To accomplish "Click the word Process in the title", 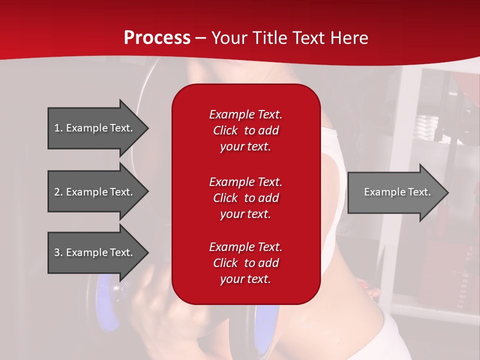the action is [x=157, y=37].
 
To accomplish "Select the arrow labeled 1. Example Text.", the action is [x=98, y=128].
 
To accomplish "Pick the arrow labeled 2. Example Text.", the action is [x=98, y=191].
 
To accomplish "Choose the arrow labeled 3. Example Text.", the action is [x=98, y=252].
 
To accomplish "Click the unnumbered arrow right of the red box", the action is [x=398, y=192].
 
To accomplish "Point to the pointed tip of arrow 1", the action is [x=149, y=128].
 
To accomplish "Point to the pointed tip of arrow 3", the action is [x=149, y=252].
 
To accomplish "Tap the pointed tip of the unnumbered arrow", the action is [x=449, y=192].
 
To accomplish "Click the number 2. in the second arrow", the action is [x=58, y=192].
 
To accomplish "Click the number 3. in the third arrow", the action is [x=58, y=252].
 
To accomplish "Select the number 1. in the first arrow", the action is [x=58, y=128].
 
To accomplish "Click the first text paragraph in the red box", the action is [x=246, y=130].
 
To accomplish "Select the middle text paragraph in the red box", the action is [x=246, y=198].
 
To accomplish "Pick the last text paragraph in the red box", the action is [x=246, y=263].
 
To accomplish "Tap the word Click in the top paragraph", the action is [x=225, y=130].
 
